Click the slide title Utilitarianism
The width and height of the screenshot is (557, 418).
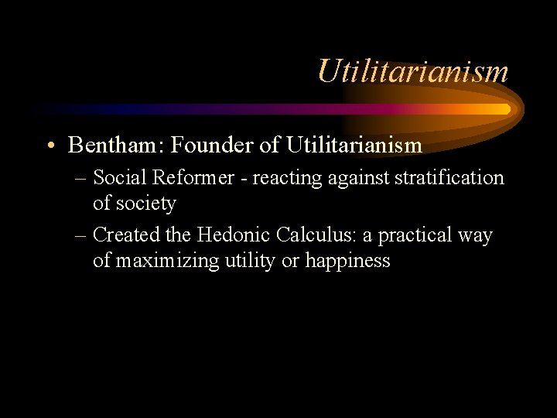(x=412, y=71)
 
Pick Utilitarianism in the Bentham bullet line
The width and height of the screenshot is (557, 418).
(x=354, y=145)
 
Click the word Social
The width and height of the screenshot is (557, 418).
(x=120, y=178)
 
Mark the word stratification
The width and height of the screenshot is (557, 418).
(x=449, y=178)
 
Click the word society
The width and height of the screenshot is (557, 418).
(x=146, y=204)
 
